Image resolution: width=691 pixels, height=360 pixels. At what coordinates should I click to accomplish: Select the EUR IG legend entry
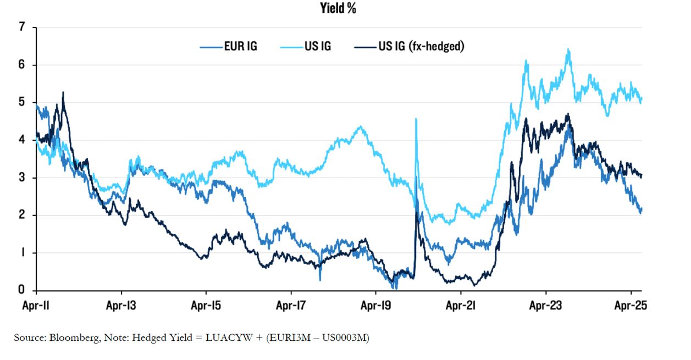click(240, 46)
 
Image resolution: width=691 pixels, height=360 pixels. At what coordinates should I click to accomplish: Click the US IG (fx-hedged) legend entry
click(421, 46)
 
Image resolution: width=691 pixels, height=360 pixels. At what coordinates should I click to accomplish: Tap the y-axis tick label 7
click(22, 27)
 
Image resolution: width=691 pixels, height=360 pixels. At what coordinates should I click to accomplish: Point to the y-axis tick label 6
click(22, 65)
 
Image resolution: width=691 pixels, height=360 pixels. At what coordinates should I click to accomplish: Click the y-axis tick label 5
click(22, 102)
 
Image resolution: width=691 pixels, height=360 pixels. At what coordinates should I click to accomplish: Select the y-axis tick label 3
click(22, 178)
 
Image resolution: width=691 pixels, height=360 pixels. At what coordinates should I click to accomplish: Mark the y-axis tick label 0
click(22, 290)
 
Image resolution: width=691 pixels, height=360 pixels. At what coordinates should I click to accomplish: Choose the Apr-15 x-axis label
click(206, 306)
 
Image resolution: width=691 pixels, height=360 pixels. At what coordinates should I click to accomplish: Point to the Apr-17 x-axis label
click(291, 306)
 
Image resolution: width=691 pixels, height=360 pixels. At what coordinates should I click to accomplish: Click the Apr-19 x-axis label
click(375, 306)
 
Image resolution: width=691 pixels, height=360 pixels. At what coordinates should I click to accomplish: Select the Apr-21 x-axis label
click(461, 306)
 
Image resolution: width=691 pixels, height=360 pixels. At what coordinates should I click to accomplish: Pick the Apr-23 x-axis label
click(545, 306)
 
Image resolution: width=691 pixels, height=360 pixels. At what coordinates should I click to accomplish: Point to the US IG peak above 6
click(568, 50)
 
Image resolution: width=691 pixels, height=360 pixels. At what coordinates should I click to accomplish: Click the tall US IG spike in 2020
click(416, 119)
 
